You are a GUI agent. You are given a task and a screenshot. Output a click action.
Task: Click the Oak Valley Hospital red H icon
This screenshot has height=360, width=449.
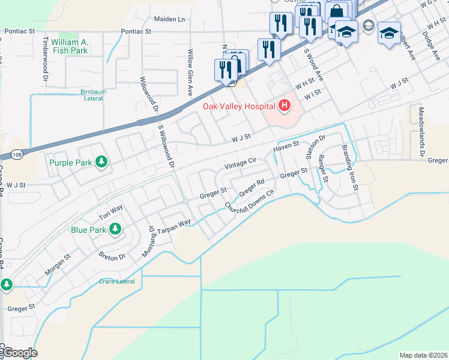285,106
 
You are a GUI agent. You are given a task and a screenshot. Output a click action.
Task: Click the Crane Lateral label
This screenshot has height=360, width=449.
117,281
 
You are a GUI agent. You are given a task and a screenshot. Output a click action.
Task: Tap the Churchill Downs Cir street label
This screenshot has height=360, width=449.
249,200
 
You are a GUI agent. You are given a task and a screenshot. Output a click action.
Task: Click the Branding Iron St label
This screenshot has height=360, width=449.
350,167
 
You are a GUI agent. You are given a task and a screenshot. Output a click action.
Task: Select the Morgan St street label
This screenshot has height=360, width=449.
58,265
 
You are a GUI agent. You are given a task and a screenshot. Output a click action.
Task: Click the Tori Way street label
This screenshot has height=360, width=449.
111,211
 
